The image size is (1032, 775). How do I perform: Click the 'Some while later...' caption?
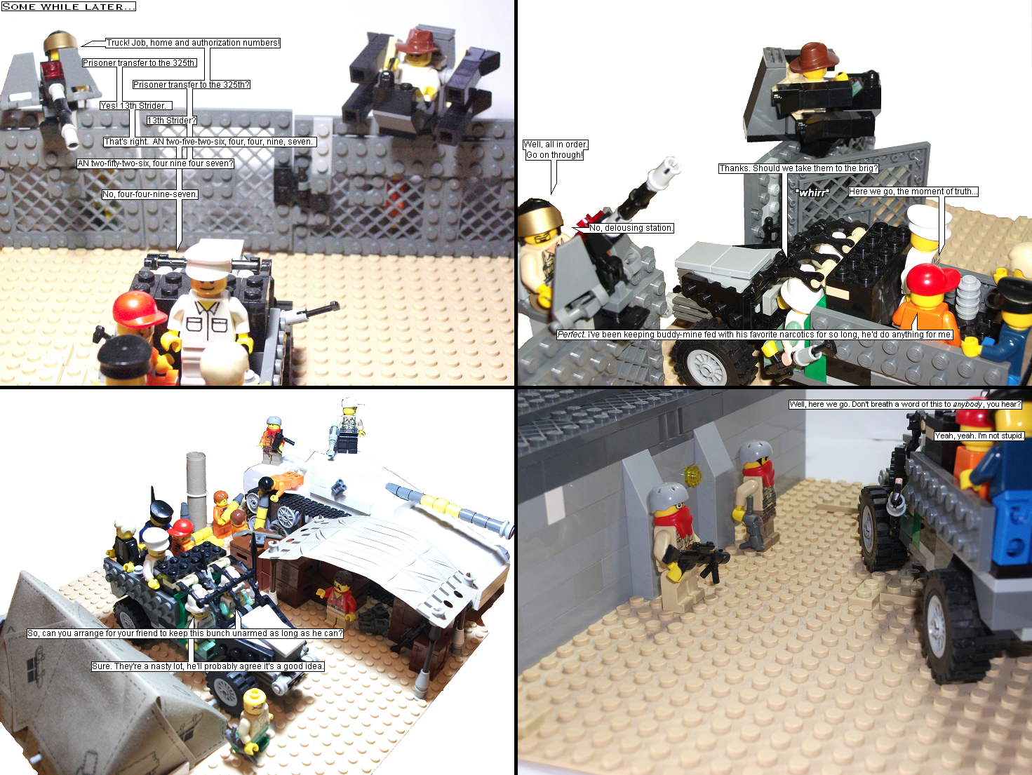pos(69,6)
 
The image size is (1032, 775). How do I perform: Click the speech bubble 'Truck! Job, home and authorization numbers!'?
pos(193,43)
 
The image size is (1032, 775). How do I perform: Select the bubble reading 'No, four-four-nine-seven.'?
pos(150,194)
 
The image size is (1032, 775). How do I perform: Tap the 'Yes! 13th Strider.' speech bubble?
pos(136,106)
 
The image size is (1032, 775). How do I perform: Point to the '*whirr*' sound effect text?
pos(812,192)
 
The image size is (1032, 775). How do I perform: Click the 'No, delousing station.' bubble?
pos(631,228)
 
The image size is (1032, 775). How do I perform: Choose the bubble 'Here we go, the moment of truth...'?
pos(913,191)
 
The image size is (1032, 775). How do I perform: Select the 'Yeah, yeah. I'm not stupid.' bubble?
pos(979,436)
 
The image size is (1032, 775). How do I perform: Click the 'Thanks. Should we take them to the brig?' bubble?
pos(798,168)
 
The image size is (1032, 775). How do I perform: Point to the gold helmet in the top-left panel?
pos(61,41)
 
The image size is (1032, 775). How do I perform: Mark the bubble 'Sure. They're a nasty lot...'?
pos(208,666)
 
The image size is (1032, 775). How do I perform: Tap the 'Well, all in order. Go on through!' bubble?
pos(555,149)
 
